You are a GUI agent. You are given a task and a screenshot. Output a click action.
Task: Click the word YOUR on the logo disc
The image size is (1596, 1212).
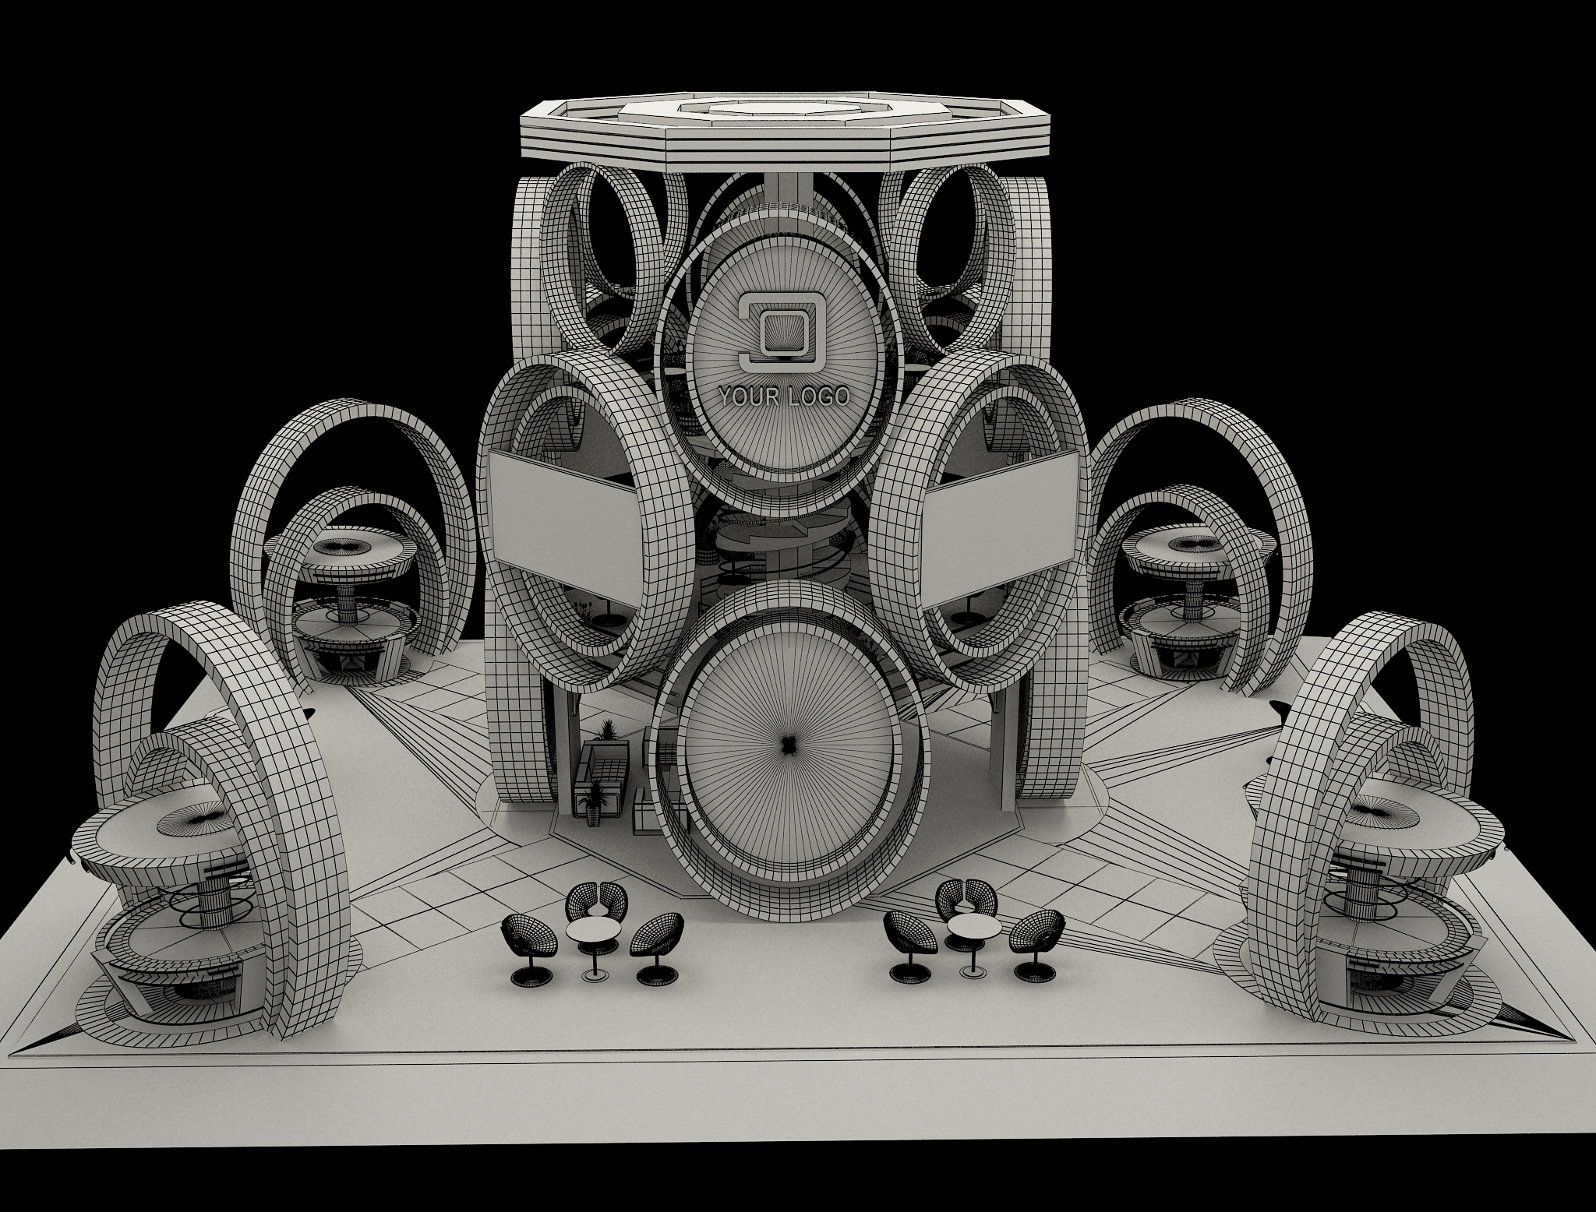[750, 397]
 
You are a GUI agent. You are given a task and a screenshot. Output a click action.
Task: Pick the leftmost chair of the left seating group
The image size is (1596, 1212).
[530, 946]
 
